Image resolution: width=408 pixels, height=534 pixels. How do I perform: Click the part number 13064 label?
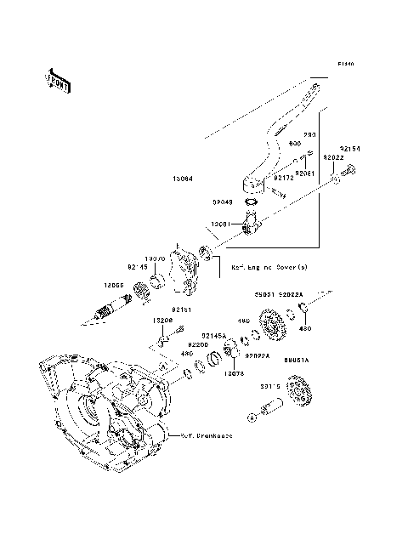pyautogui.click(x=182, y=179)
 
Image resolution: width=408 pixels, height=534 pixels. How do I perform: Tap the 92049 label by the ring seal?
pyautogui.click(x=223, y=203)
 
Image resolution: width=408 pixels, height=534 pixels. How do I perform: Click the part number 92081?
pyautogui.click(x=306, y=173)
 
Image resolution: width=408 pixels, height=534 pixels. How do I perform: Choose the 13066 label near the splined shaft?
pyautogui.click(x=115, y=287)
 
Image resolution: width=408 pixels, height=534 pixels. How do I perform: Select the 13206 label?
pyautogui.click(x=163, y=321)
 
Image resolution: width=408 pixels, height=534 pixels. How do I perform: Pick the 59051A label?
pyautogui.click(x=297, y=361)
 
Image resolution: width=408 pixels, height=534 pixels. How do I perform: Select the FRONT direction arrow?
pyautogui.click(x=56, y=80)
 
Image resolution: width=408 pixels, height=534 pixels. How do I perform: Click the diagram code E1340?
pyautogui.click(x=344, y=65)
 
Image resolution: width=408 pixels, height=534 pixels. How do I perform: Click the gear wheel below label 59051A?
pyautogui.click(x=300, y=393)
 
